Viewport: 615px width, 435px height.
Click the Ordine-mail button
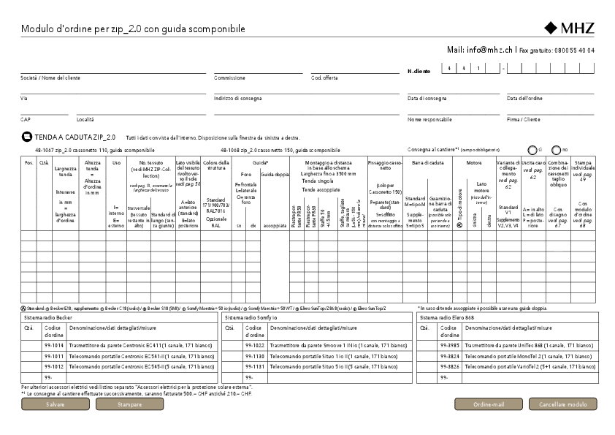(x=489, y=404)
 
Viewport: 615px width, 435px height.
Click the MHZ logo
(x=570, y=29)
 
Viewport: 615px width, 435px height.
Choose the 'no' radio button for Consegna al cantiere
(x=556, y=149)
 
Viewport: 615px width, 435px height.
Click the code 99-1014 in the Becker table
(x=54, y=344)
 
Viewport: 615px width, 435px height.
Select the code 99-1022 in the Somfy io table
(x=255, y=344)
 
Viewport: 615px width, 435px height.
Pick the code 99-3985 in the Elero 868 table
(x=449, y=344)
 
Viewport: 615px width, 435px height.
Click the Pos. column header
(x=28, y=162)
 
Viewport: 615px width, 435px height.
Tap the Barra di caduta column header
(x=427, y=162)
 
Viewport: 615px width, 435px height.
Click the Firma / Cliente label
(x=524, y=119)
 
